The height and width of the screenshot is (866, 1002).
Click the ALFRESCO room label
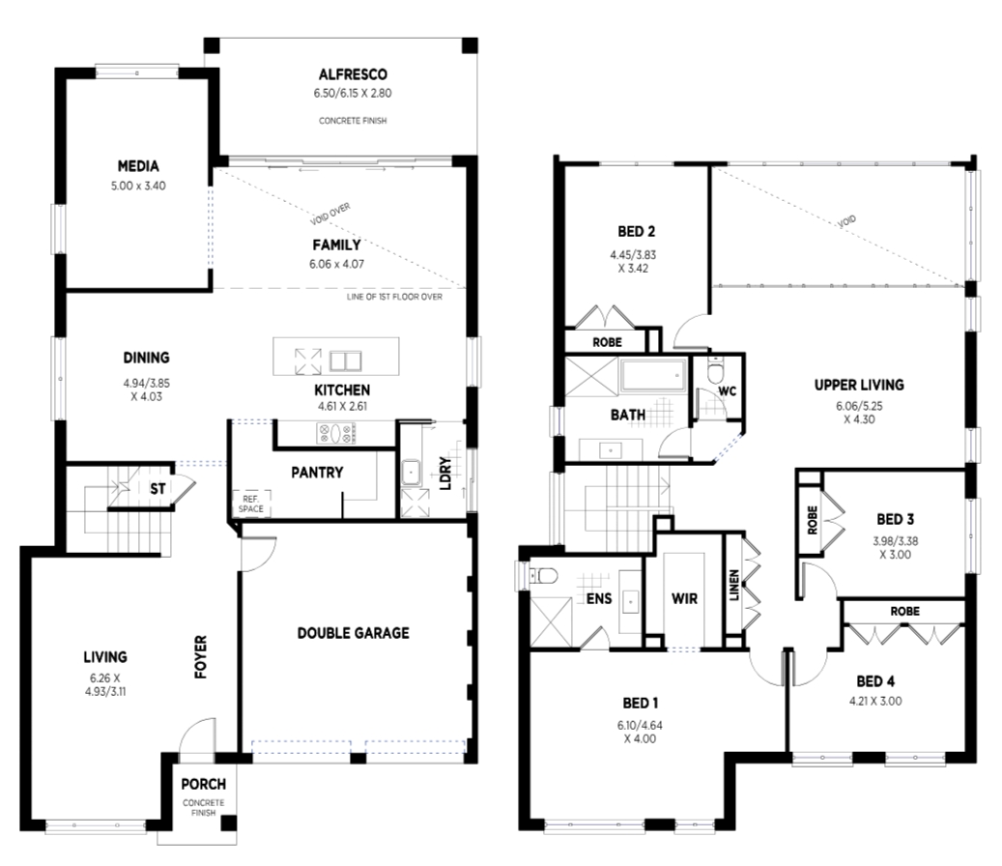tap(353, 74)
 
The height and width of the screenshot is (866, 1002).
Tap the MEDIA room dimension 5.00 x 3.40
tap(138, 186)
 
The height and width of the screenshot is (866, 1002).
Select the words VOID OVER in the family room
tap(330, 215)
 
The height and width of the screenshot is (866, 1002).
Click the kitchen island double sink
tap(345, 361)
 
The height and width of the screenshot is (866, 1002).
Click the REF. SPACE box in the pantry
tap(250, 504)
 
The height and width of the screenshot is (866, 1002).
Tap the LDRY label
tap(445, 474)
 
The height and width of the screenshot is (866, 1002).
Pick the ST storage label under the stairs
tap(157, 489)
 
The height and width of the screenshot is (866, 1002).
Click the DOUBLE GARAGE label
tap(354, 633)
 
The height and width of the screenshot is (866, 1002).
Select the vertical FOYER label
tap(201, 656)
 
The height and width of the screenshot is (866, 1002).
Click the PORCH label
tap(203, 784)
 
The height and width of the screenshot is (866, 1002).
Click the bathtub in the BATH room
tap(652, 374)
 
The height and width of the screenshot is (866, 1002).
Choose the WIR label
tap(684, 599)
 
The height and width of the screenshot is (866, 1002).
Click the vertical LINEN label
tap(734, 585)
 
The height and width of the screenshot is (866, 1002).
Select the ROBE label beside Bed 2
tap(607, 342)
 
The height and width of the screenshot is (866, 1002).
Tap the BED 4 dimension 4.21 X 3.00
tap(875, 701)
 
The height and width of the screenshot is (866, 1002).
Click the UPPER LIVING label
tap(859, 385)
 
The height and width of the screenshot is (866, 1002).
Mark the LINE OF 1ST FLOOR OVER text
tap(394, 297)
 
